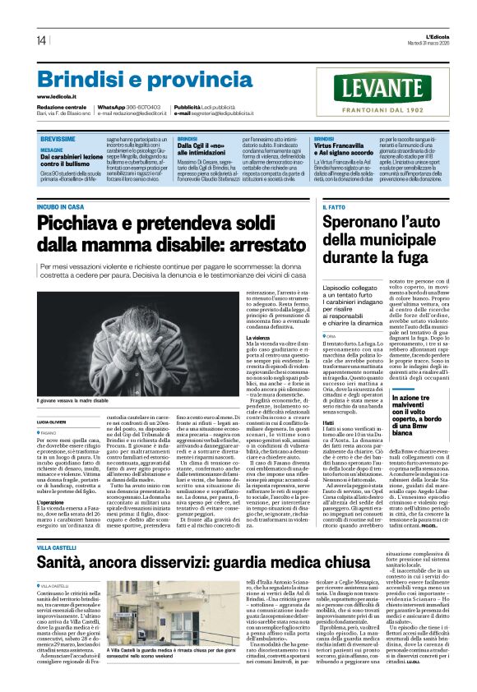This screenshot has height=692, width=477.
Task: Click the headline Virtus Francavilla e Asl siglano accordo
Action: click(x=347, y=149)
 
